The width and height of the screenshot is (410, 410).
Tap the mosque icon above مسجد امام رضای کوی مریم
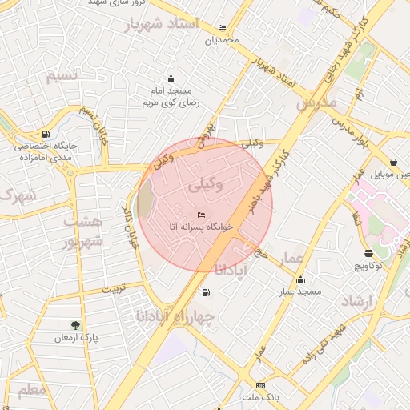170,78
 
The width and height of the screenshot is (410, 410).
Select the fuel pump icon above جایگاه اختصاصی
46,134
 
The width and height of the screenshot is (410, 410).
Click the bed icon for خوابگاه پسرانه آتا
201,214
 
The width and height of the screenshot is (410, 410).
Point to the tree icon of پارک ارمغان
75,325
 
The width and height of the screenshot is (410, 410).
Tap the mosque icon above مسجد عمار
300,280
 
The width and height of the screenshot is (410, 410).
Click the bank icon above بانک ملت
259,385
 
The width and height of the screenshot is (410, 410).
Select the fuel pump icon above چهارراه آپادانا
207,293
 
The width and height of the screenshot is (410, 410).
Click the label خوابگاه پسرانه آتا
200,227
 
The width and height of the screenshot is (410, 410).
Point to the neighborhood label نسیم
62,76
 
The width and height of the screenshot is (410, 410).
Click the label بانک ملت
260,398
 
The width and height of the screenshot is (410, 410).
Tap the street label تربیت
107,288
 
